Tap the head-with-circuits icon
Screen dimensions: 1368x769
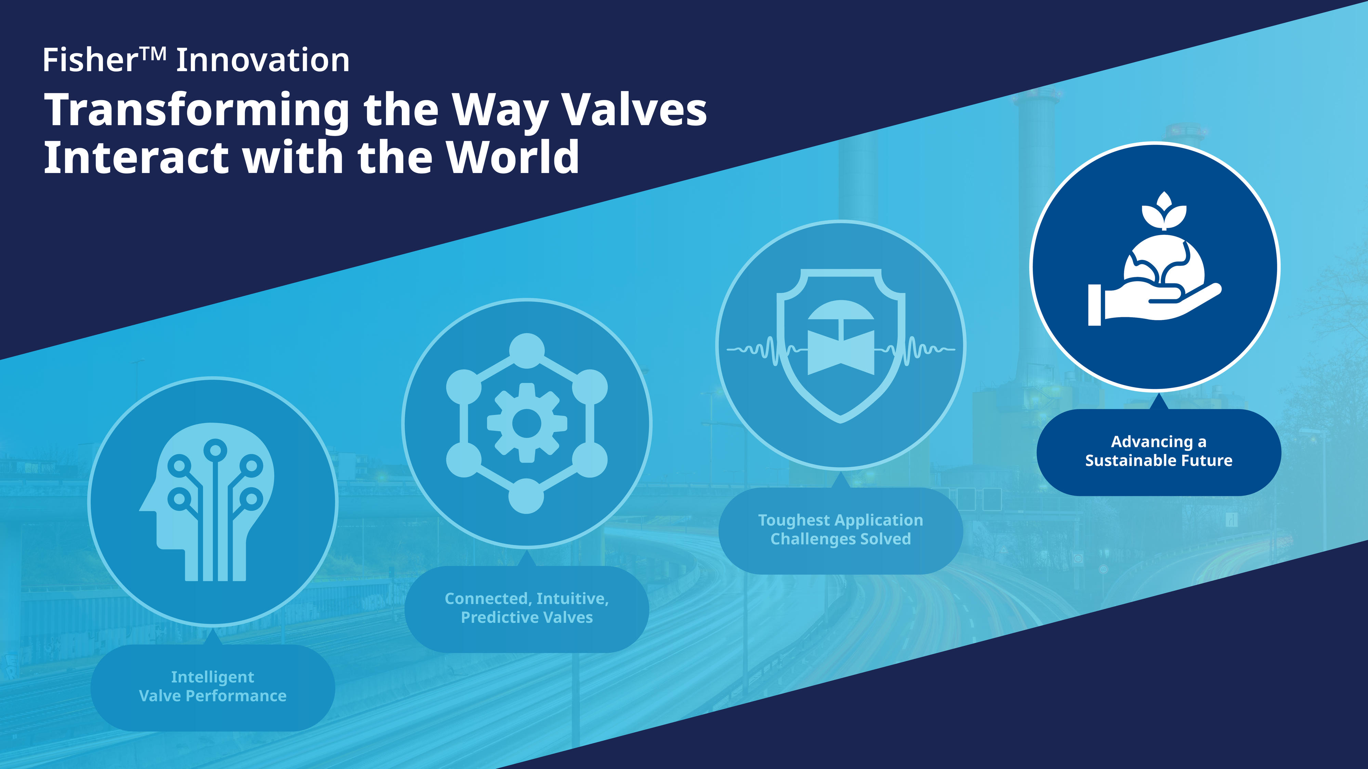(207, 501)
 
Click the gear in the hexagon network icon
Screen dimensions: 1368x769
(527, 423)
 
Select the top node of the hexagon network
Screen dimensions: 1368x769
(527, 351)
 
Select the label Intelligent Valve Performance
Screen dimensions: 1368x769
(212, 686)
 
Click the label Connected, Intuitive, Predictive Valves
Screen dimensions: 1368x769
(527, 608)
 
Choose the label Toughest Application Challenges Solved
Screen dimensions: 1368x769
(841, 529)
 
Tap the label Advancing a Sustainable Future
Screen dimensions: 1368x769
(1159, 450)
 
